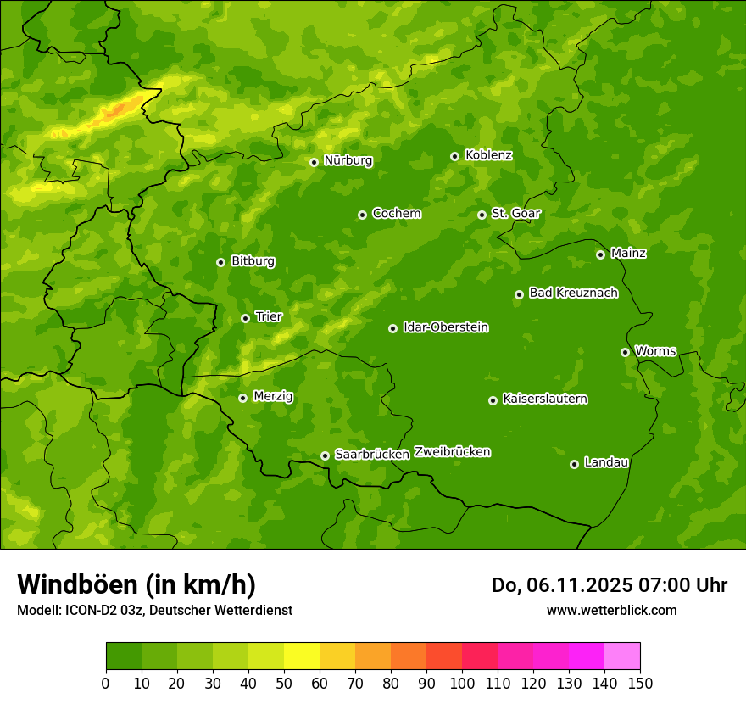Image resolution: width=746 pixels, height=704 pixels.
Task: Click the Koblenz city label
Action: [x=488, y=155]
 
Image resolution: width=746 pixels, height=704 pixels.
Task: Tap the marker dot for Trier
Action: [x=245, y=318]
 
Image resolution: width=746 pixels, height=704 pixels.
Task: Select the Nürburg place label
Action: [x=348, y=160]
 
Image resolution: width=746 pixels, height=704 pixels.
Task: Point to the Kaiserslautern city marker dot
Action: [x=493, y=400]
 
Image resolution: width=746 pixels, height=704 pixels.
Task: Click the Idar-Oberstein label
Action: [x=445, y=327]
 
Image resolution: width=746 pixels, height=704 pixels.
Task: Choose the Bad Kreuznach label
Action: [x=573, y=293]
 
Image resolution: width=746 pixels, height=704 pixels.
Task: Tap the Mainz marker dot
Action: [x=600, y=254]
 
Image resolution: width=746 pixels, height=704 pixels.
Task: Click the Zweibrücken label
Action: [x=452, y=452]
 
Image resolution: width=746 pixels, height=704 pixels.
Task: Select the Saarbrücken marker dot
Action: [x=325, y=455]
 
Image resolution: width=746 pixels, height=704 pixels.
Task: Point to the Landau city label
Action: [x=606, y=462]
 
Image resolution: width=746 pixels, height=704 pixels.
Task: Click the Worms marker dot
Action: [x=625, y=352]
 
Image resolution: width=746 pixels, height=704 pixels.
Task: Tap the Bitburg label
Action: [x=253, y=261]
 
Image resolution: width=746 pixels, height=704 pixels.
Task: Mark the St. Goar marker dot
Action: [x=482, y=215]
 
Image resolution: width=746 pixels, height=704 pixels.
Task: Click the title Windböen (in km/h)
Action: [x=136, y=584]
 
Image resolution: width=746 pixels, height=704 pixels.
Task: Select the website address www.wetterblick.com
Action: [x=611, y=610]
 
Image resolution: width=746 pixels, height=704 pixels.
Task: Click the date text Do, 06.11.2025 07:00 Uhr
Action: [x=609, y=585]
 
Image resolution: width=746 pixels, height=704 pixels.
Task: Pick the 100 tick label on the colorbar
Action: [x=462, y=683]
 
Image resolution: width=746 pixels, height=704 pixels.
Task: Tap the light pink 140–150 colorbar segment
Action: [x=622, y=657]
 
